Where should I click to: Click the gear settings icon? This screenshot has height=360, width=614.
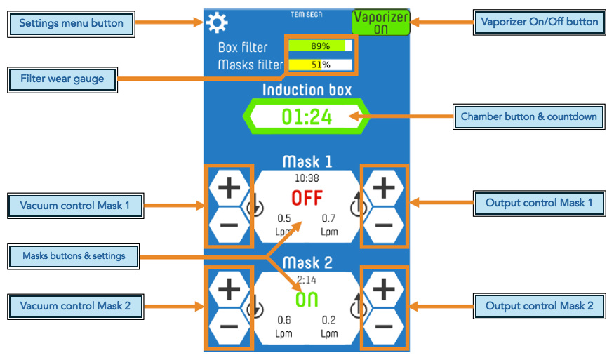tap(217, 23)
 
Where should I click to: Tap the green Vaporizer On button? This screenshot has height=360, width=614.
tap(380, 22)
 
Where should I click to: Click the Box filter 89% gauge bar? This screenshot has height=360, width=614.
tap(319, 46)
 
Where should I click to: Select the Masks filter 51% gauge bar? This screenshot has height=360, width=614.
tap(319, 65)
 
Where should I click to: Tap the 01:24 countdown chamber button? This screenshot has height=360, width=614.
tap(306, 116)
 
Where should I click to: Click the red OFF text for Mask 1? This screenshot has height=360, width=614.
tap(307, 198)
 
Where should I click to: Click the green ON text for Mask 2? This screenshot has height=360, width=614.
tap(307, 300)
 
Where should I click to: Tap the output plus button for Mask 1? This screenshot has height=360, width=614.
tap(383, 187)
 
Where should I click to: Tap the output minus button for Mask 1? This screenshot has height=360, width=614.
tap(383, 225)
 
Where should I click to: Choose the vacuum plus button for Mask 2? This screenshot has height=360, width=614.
tap(229, 288)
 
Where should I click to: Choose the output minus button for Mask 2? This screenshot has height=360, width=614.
tap(383, 326)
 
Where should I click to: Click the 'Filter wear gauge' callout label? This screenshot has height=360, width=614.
tap(62, 79)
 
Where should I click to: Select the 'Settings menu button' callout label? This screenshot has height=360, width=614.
tap(71, 23)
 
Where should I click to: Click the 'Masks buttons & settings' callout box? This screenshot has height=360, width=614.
tap(74, 256)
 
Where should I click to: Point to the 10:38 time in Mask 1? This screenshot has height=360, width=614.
tap(307, 179)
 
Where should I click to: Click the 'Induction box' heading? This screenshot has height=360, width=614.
tap(307, 90)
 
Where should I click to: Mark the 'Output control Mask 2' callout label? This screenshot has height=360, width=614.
tap(539, 306)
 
